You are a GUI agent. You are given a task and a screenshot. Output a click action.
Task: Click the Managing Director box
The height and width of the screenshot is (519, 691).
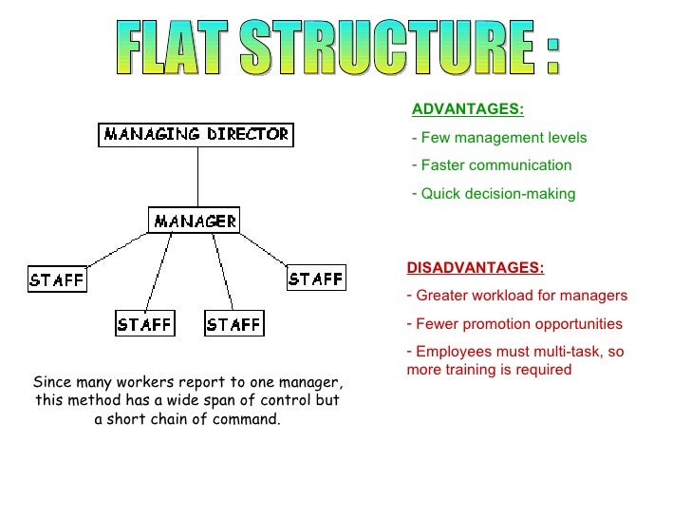tap(196, 135)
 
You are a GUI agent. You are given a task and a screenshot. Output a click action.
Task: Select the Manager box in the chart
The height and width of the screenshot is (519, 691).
tap(195, 221)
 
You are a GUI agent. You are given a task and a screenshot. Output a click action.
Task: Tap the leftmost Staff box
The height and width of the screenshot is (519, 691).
tap(57, 279)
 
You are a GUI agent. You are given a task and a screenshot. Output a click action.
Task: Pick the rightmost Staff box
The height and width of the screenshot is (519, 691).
tap(316, 279)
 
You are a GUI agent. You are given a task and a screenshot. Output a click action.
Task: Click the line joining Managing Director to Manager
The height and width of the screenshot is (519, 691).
tap(197, 178)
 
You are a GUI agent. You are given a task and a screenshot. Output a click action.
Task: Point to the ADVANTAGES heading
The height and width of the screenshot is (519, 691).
tap(468, 109)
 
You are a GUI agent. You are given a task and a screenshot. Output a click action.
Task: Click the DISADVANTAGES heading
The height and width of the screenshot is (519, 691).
tap(476, 268)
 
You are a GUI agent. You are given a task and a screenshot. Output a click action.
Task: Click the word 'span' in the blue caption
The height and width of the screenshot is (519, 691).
tap(215, 400)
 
